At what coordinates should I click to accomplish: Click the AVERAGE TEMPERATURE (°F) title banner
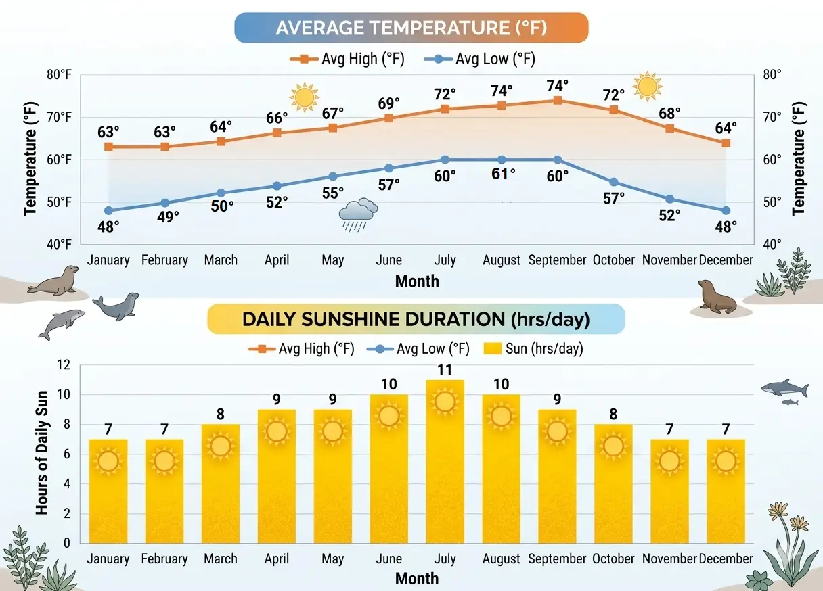(x=411, y=28)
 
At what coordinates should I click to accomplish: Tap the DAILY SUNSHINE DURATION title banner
(x=416, y=319)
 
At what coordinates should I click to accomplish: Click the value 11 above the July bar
(x=445, y=370)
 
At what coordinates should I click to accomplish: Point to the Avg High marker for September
(x=557, y=100)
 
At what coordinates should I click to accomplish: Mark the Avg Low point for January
(x=108, y=210)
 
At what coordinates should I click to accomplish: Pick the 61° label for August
(x=502, y=174)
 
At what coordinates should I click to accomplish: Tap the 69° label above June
(x=388, y=103)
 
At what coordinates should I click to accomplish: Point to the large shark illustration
(x=785, y=389)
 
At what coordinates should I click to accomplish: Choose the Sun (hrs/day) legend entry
(x=535, y=349)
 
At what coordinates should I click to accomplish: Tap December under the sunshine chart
(x=726, y=559)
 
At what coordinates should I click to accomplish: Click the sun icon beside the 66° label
(x=304, y=97)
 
